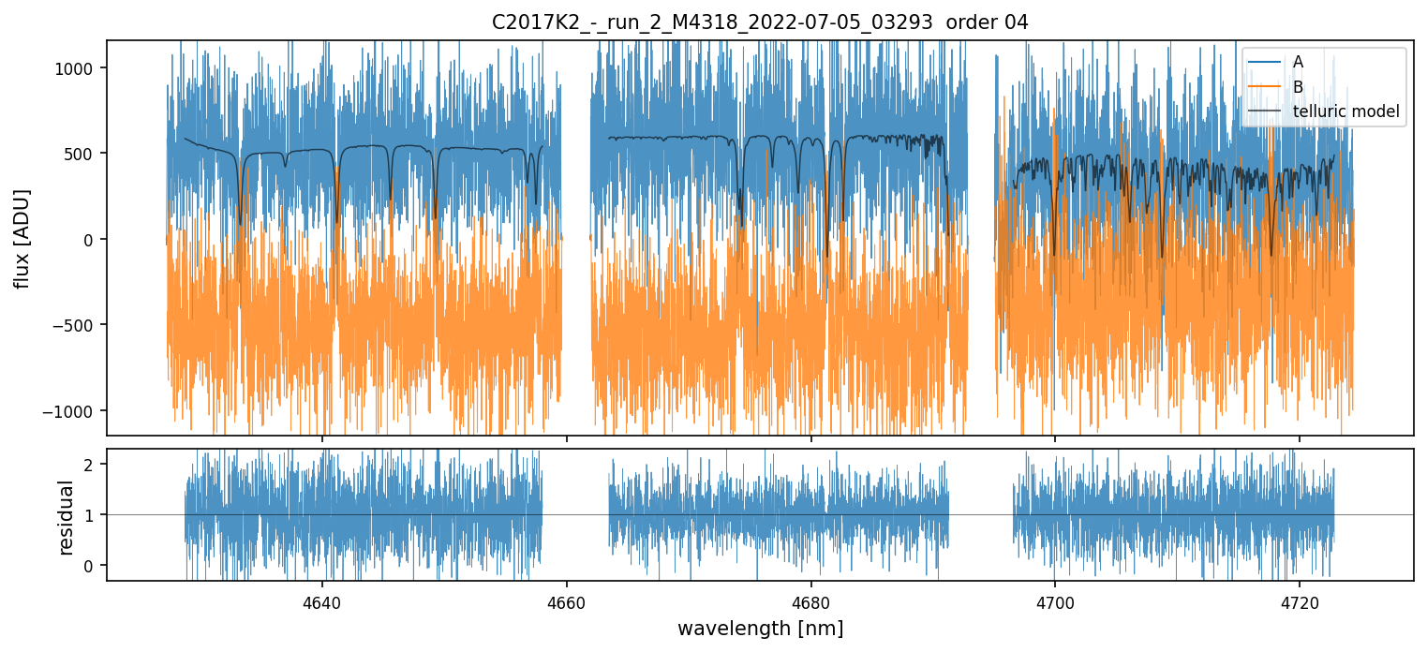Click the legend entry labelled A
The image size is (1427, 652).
coord(1298,62)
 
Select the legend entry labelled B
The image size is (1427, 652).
coord(1298,87)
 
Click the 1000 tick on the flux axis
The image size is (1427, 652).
coord(80,68)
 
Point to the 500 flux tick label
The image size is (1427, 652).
coord(83,154)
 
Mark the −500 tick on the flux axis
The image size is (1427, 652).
coord(77,325)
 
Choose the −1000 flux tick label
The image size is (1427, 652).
coord(73,411)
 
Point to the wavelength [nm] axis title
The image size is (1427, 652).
coord(760,628)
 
